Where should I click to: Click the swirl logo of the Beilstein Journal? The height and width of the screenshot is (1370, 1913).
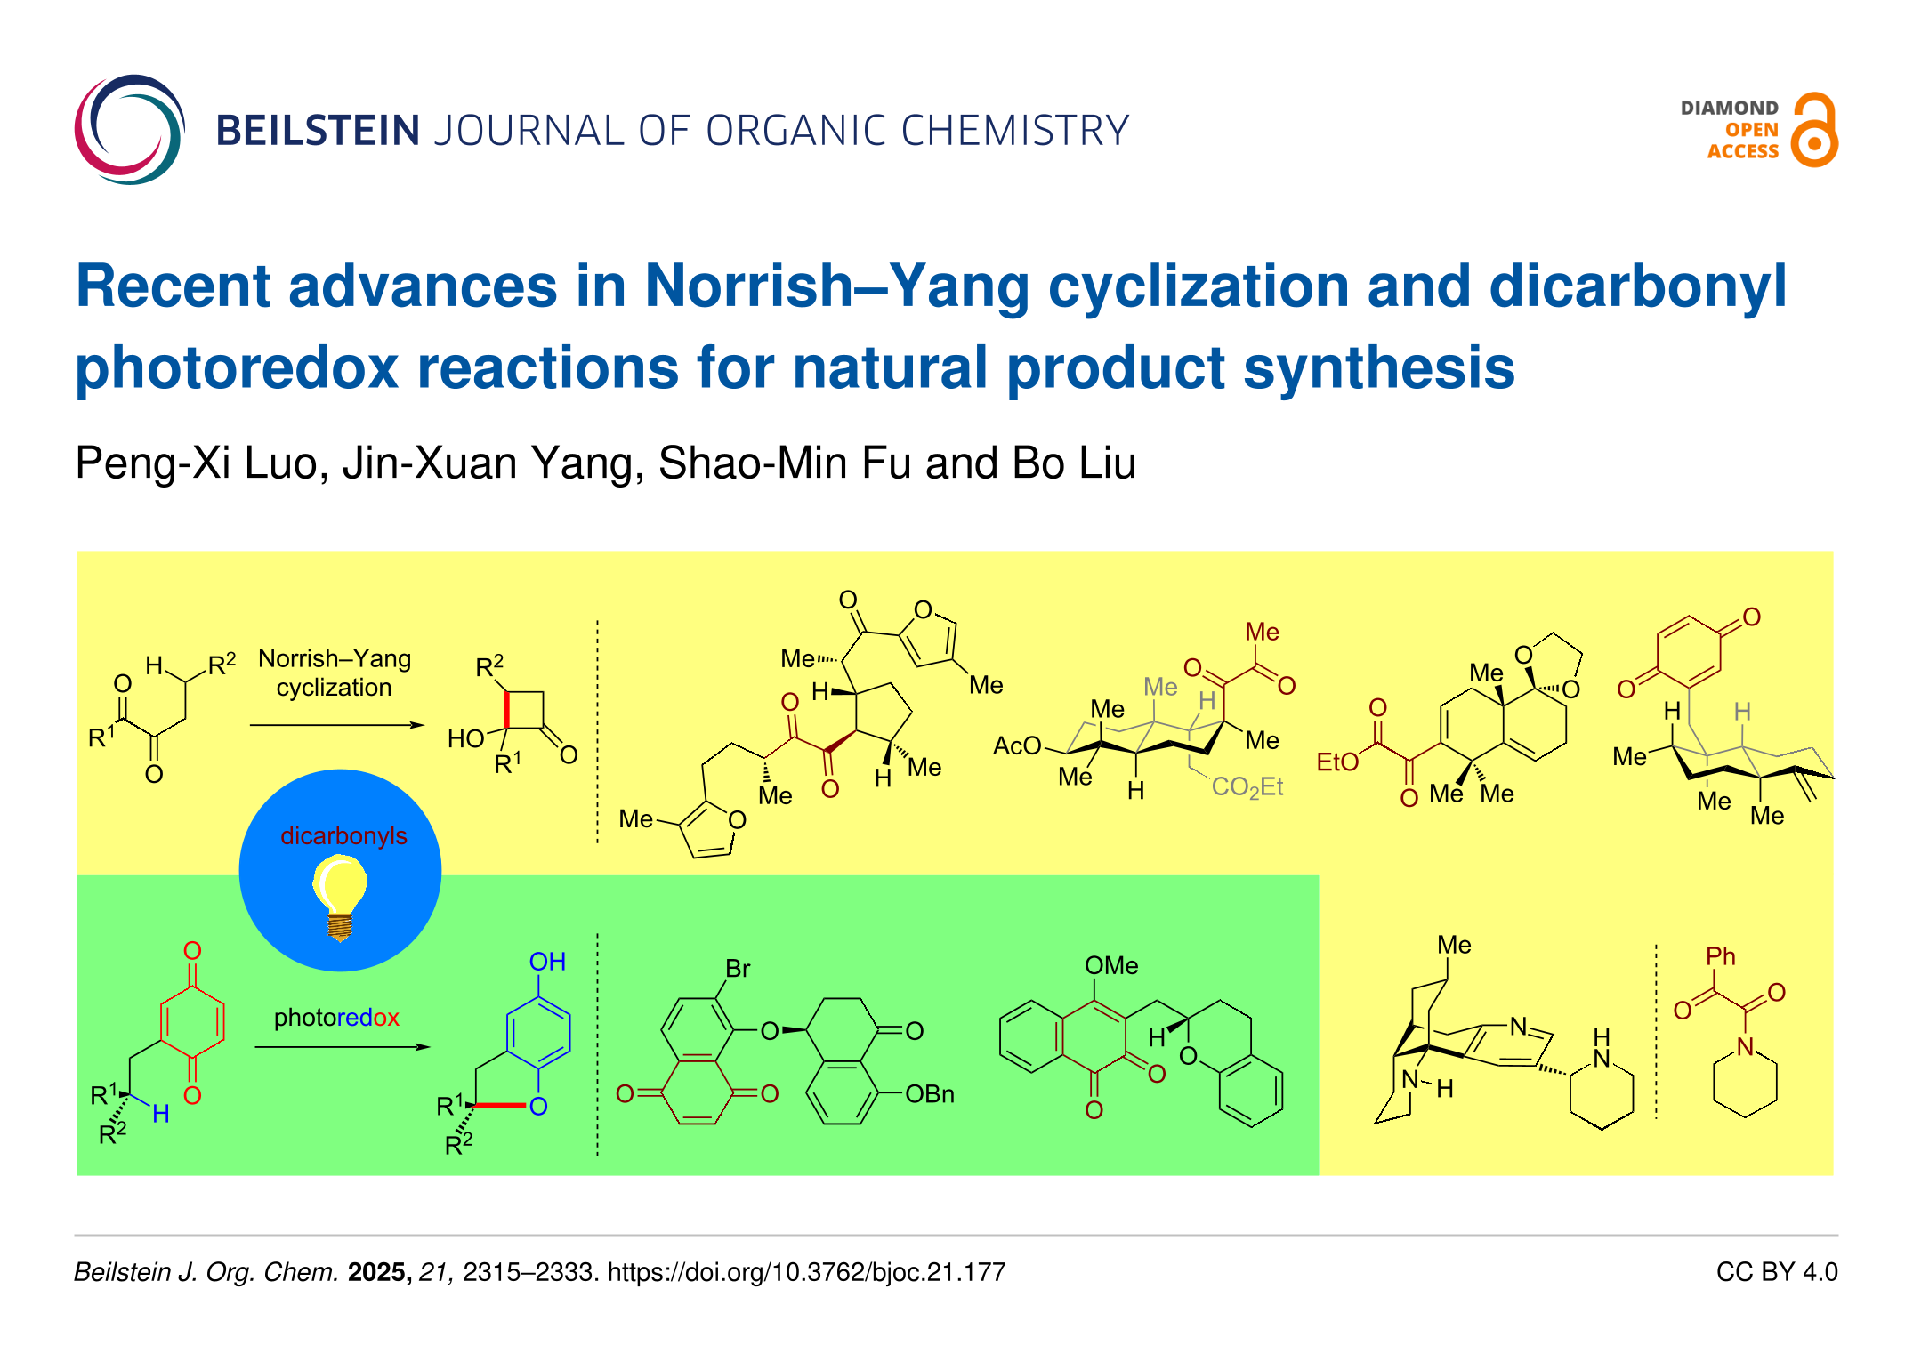pyautogui.click(x=129, y=130)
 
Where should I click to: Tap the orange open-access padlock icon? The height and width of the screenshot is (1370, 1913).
pyautogui.click(x=1815, y=131)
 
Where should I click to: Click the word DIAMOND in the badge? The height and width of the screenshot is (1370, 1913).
pyautogui.click(x=1729, y=109)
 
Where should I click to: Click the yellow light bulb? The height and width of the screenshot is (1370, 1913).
pyautogui.click(x=340, y=894)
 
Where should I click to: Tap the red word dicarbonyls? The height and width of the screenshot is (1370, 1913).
pyautogui.click(x=343, y=836)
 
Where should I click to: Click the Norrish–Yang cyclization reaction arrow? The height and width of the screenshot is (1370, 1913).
pyautogui.click(x=337, y=725)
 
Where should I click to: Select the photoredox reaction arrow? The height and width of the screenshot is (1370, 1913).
pyautogui.click(x=342, y=1046)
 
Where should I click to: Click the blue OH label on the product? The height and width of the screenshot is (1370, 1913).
pyautogui.click(x=547, y=962)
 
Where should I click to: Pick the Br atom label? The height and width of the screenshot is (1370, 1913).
pyautogui.click(x=738, y=968)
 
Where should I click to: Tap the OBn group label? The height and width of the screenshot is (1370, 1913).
pyautogui.click(x=930, y=1094)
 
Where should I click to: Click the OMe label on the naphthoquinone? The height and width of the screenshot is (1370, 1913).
pyautogui.click(x=1111, y=965)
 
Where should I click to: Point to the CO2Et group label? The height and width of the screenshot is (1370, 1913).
pyautogui.click(x=1247, y=787)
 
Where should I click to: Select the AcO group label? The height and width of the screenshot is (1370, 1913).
pyautogui.click(x=1017, y=745)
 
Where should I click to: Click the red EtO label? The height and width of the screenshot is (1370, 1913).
pyautogui.click(x=1337, y=762)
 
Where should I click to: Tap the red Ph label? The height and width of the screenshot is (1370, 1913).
pyautogui.click(x=1721, y=956)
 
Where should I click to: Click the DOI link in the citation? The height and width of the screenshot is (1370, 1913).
pyautogui.click(x=806, y=1272)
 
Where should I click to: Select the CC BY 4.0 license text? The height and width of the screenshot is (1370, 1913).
pyautogui.click(x=1777, y=1272)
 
